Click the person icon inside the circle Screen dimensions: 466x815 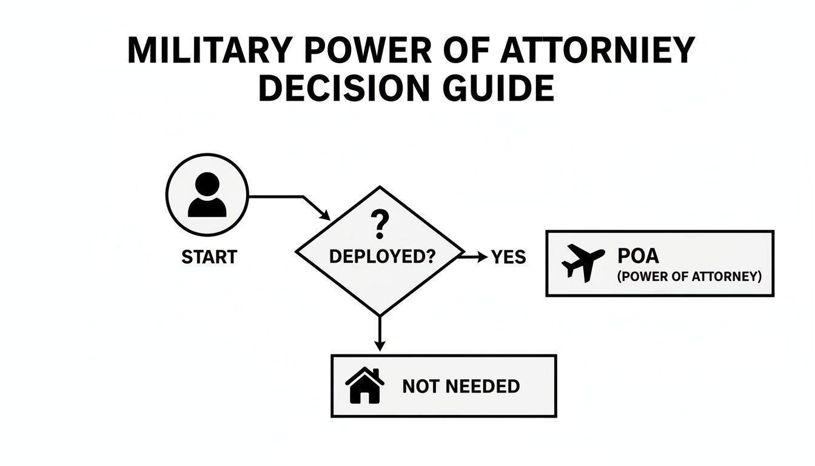(x=207, y=195)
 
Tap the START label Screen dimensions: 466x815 (x=209, y=257)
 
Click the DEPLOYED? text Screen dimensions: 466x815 (x=382, y=256)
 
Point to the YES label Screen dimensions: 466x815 (x=508, y=257)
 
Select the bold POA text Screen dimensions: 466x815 (x=637, y=255)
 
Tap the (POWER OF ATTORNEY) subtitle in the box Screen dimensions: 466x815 (x=689, y=277)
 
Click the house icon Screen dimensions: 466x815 (x=364, y=386)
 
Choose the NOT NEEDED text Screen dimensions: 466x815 (x=461, y=387)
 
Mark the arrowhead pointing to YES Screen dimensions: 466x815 (x=483, y=257)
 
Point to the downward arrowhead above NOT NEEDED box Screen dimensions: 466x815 (x=380, y=346)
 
